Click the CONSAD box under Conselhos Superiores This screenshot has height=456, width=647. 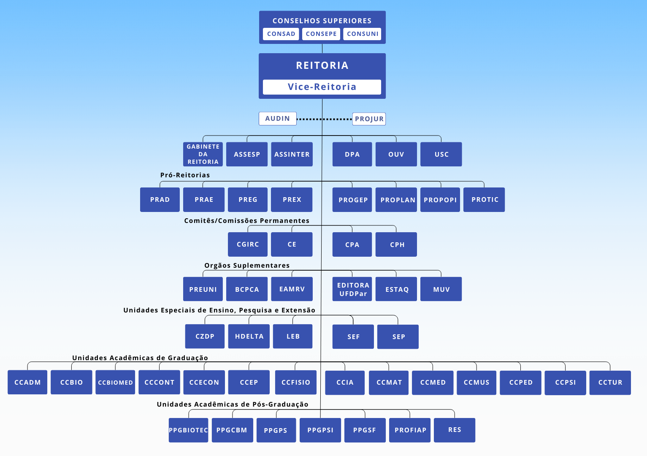pos(281,34)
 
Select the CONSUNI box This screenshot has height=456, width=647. pos(363,34)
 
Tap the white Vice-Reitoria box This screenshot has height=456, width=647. pos(322,87)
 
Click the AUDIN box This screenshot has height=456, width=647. pos(277,119)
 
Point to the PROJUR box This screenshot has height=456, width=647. pos(369,119)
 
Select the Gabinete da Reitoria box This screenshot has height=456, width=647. pos(203,154)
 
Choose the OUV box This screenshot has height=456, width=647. pos(396,155)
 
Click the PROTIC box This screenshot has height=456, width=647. pos(485,200)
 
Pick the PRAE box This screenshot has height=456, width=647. pos(204,200)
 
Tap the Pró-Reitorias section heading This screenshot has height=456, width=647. pos(185,175)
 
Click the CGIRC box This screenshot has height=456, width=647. pos(248,244)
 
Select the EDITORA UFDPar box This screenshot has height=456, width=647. pos(352,289)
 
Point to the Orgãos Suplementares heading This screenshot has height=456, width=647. pos(247,266)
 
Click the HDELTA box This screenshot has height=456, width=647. pos(249,337)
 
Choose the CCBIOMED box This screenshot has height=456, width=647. pos(115,383)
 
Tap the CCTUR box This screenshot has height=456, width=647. pos(610,383)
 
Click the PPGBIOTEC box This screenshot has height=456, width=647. pos(188,430)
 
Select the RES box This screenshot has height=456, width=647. pos(455,430)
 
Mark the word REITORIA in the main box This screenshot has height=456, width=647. pos(322,65)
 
